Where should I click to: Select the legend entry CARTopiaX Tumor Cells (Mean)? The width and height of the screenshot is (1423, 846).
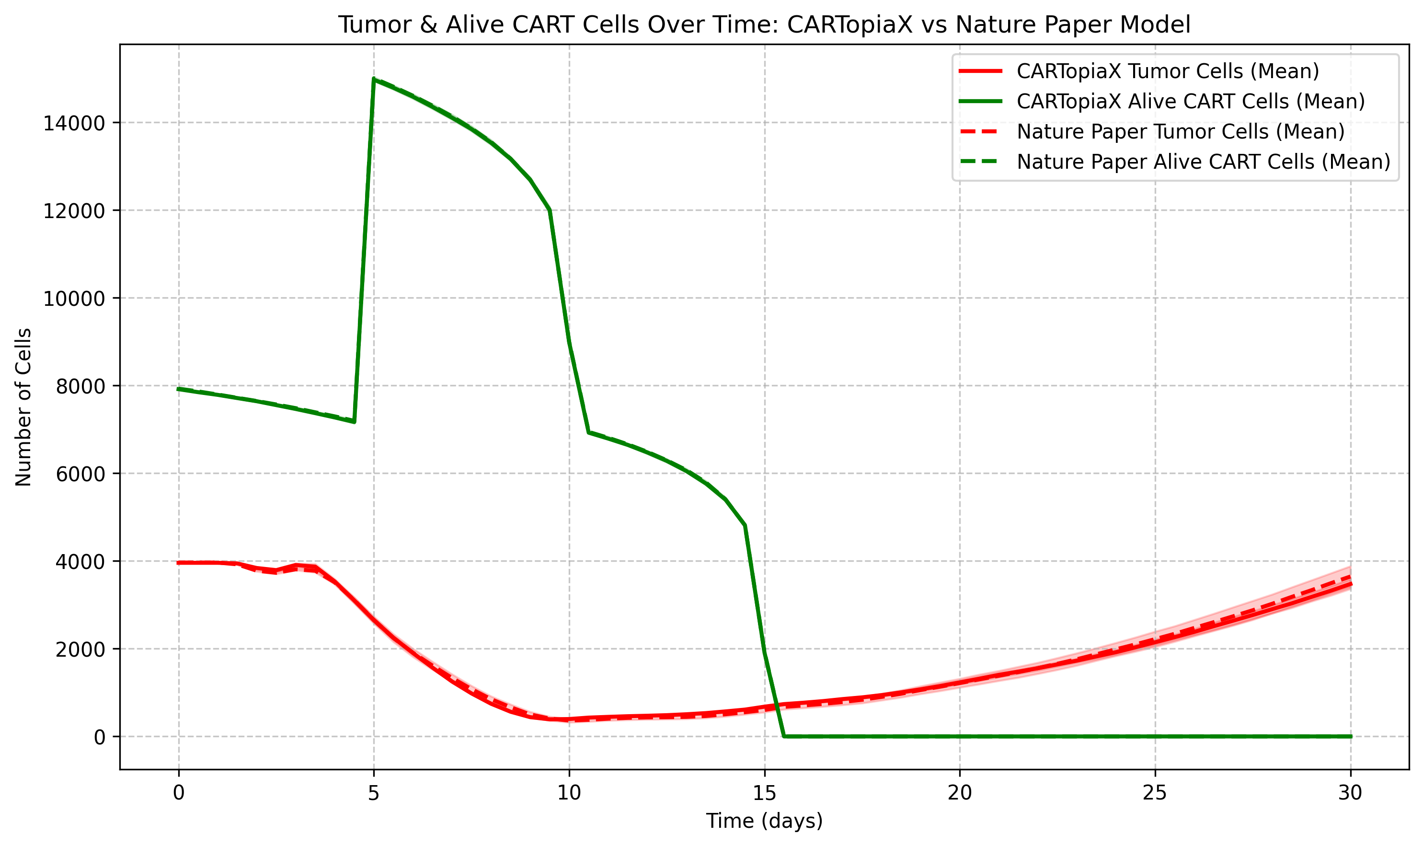pos(1168,71)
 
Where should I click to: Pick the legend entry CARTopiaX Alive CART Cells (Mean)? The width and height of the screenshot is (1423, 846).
pos(1191,102)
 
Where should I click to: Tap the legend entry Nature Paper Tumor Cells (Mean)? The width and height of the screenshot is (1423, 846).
pos(1180,132)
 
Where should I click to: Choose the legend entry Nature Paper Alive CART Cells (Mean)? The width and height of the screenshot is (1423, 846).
pos(1203,162)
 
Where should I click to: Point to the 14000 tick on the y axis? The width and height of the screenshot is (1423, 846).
pos(74,123)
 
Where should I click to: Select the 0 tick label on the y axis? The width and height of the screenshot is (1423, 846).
pos(100,737)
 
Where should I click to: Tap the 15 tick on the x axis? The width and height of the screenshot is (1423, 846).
pos(764,793)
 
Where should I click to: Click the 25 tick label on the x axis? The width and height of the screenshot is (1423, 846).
pos(1155,793)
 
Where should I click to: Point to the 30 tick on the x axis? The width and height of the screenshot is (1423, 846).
pos(1350,793)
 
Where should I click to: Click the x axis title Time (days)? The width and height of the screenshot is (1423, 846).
pos(764,822)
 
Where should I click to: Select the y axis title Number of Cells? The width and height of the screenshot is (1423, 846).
pos(23,407)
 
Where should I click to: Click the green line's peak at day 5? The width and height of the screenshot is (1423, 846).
pos(374,79)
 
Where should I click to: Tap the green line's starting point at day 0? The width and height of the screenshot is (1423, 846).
pos(179,389)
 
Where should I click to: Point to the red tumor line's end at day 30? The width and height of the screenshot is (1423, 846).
pos(1350,584)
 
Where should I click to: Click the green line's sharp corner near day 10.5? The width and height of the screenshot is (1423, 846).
pos(589,433)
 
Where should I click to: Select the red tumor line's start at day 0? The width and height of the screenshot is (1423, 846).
pos(179,563)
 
